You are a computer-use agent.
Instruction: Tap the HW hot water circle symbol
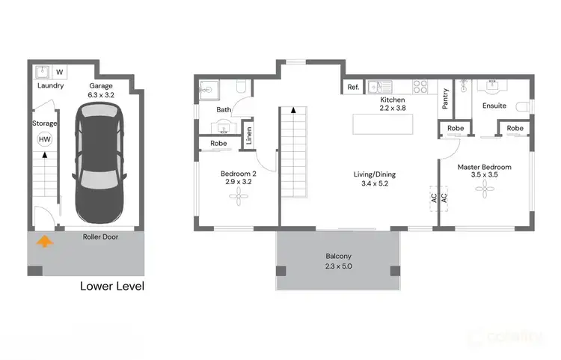[x=45, y=139]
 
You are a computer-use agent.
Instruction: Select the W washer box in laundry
[x=60, y=73]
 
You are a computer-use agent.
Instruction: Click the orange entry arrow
[x=45, y=241]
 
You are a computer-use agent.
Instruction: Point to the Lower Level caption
[x=112, y=286]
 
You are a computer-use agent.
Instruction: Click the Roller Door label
[x=100, y=237]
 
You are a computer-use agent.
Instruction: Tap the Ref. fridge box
[x=353, y=88]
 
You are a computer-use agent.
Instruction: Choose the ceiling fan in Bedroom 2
[x=236, y=197]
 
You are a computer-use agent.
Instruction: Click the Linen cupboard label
[x=249, y=137]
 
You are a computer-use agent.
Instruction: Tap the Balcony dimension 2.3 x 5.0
[x=337, y=265]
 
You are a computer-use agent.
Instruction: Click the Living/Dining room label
[x=375, y=174]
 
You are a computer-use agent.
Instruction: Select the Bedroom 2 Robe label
[x=218, y=143]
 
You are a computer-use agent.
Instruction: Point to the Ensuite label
[x=494, y=106]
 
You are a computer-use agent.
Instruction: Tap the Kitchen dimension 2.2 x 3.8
[x=393, y=109]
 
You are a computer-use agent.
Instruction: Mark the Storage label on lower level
[x=45, y=123]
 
